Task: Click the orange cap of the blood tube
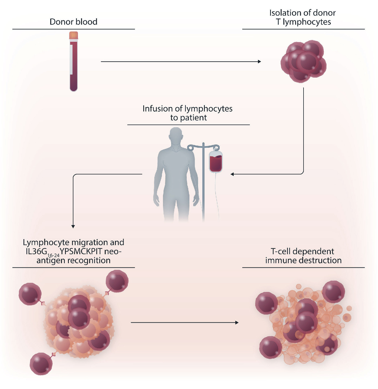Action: coord(73,36)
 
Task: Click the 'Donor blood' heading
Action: coord(73,22)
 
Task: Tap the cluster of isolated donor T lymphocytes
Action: coord(303,61)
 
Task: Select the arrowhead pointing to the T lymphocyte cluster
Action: coord(259,61)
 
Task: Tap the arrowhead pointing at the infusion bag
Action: coord(232,174)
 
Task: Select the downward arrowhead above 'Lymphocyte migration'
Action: coord(73,226)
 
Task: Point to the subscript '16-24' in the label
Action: coord(53,255)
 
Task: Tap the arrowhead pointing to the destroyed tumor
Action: coord(237,322)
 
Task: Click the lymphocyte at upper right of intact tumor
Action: coord(117,281)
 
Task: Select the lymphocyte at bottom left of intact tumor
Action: coord(41,364)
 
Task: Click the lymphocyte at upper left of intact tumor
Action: coord(30,294)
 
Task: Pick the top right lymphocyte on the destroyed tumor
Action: coord(333,292)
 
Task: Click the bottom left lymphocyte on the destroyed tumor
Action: coord(270,347)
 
